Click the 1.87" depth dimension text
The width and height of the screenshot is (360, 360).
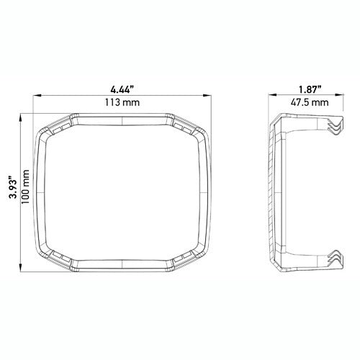[x=301, y=89]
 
